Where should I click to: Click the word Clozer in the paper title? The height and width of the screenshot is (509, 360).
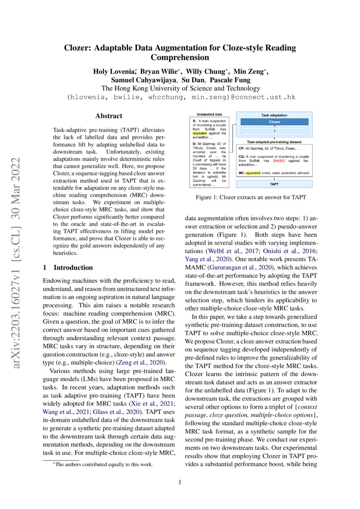[x=78, y=48]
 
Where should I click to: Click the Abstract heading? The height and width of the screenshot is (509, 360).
[x=109, y=116]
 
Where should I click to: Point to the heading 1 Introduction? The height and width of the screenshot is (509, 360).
[x=67, y=267]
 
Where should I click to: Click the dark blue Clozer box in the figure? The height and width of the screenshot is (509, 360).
[x=274, y=122]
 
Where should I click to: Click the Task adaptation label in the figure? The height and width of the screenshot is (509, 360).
[x=274, y=115]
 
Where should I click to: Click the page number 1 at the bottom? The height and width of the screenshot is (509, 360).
[x=180, y=482]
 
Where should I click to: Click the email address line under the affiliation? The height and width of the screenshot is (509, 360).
[x=180, y=97]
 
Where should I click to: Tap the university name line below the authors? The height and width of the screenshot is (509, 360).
[x=180, y=88]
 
